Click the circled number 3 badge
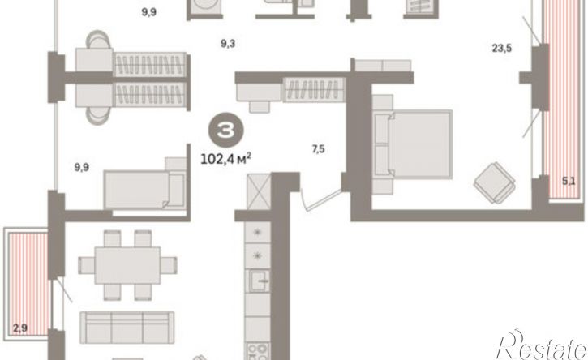coord(226,130)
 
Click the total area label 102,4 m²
coord(226,159)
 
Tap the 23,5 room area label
coord(502,49)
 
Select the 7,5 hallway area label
coord(318,149)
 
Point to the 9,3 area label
coord(228,44)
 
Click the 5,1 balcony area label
coord(568,182)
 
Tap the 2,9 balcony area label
coord(20,328)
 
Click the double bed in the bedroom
coord(413,144)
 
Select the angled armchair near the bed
coord(494,182)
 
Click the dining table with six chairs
coord(127,265)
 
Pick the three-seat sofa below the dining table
coord(127,328)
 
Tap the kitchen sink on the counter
coord(258,280)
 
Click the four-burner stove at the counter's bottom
coord(258,351)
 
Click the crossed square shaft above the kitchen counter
coord(259,191)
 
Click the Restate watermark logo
coord(542,345)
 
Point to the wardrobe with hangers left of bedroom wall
coord(314,90)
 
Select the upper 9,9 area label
coord(149,12)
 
